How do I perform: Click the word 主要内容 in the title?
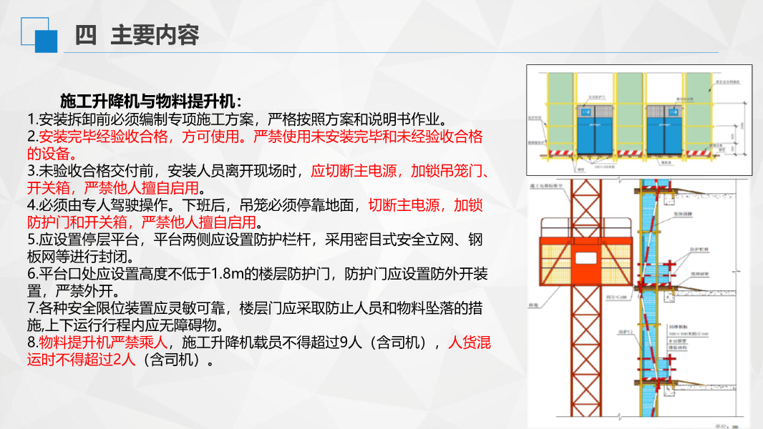tap(155, 35)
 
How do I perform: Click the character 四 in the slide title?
tap(86, 35)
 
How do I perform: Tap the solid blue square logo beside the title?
tap(46, 41)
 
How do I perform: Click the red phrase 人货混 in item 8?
tap(469, 343)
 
